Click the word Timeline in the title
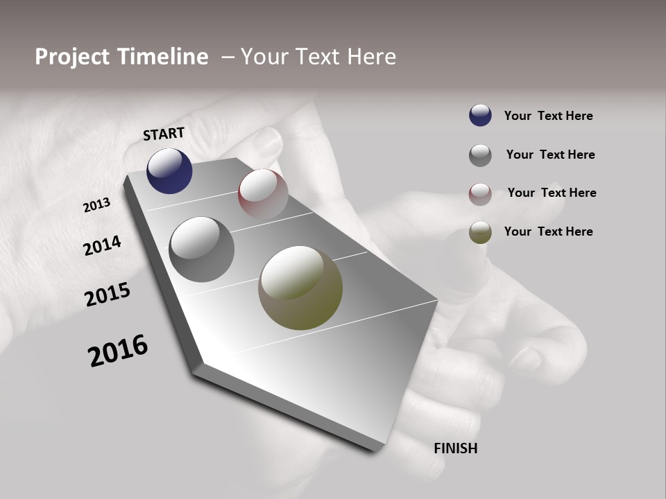(x=166, y=57)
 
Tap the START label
(x=164, y=134)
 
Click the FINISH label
(x=455, y=448)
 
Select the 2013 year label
(x=97, y=205)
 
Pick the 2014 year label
(x=103, y=246)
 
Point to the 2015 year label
(x=108, y=295)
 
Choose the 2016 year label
(x=118, y=351)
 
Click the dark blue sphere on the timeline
(x=169, y=171)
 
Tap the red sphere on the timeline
(x=263, y=194)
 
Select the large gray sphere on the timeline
(x=202, y=249)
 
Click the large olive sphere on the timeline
(x=300, y=288)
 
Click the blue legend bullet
(x=480, y=116)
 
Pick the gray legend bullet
(x=480, y=155)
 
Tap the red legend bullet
(x=480, y=194)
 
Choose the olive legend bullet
(x=480, y=232)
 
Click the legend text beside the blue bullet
(x=548, y=116)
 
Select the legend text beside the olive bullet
(x=548, y=231)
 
